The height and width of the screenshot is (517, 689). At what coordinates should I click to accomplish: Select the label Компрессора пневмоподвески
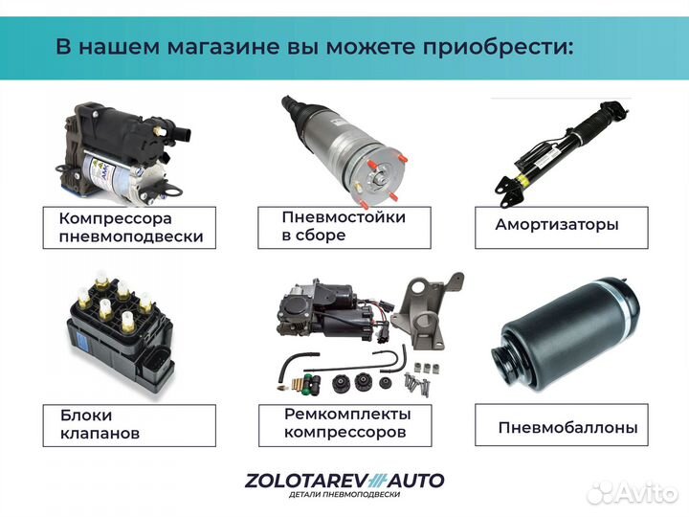(x=130, y=228)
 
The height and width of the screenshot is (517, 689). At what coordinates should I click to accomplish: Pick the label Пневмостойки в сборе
(x=343, y=226)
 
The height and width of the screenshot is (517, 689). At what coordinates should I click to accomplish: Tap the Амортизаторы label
(x=557, y=225)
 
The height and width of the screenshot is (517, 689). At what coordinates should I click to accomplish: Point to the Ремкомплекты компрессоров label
(x=346, y=423)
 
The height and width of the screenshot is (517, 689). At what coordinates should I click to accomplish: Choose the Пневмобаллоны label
(x=567, y=428)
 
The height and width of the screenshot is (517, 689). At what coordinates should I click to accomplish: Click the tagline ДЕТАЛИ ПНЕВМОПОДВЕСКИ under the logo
(x=344, y=495)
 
